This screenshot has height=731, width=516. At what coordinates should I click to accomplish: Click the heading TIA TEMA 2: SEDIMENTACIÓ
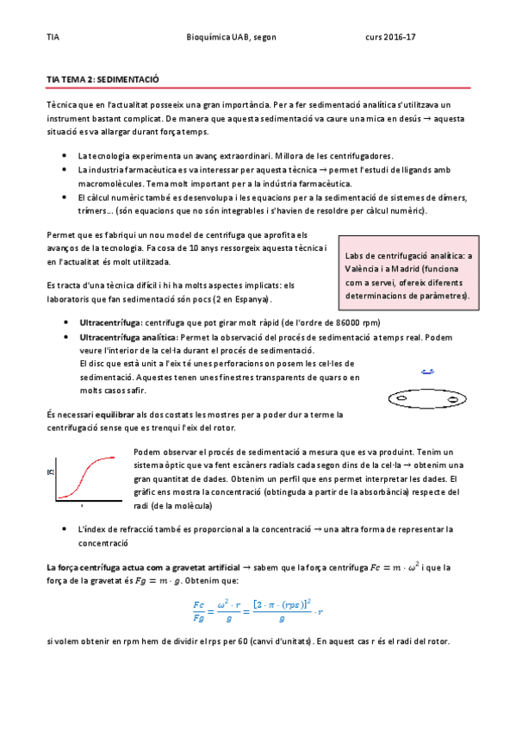103,78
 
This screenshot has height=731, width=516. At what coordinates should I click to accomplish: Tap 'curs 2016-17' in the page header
390,38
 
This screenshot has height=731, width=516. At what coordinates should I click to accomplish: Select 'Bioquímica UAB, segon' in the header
231,38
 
